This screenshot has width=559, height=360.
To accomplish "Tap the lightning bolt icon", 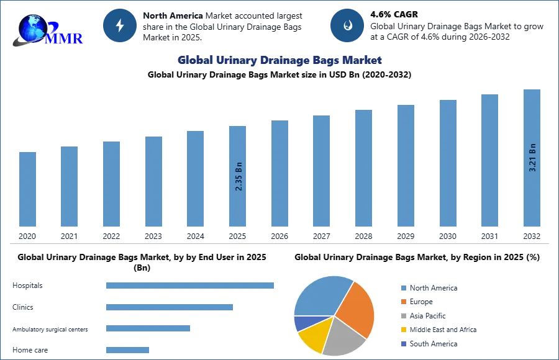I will click(119, 25).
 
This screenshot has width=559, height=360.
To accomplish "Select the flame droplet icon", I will click(347, 25).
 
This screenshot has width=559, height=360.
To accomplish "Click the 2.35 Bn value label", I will click(239, 176).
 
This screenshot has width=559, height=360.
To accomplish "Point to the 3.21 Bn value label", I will click(532, 158).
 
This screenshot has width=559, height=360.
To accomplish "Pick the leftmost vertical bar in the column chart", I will click(27, 189).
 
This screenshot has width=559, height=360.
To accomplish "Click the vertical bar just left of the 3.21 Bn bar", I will click(489, 161).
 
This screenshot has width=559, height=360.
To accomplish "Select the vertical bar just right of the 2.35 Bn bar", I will click(278, 174).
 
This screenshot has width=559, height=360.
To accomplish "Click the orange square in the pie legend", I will click(402, 303).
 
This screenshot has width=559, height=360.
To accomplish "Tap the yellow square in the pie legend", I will click(402, 329).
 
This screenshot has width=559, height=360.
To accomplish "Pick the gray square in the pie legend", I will click(402, 317).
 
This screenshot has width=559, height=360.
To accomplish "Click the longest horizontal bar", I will click(191, 286).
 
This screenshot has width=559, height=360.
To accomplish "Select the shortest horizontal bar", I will click(127, 350).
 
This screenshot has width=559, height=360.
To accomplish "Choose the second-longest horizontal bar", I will click(169, 307).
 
